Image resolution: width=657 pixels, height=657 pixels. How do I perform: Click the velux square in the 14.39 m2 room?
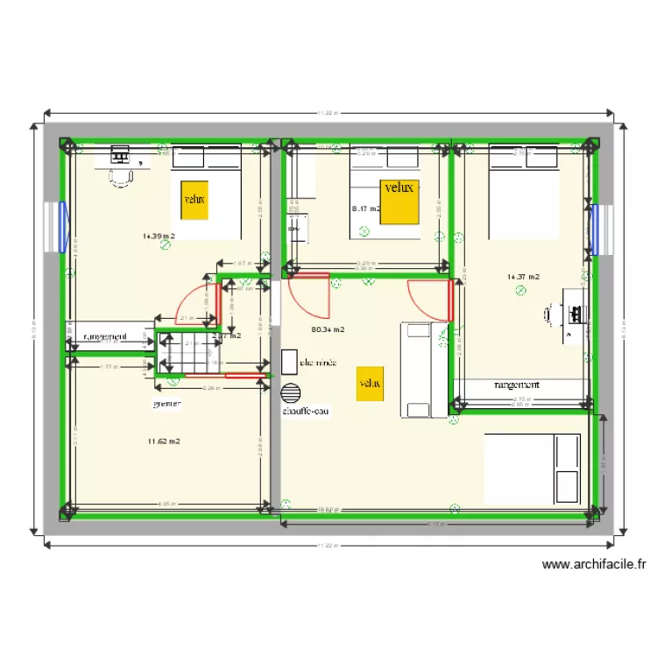tap(194, 199)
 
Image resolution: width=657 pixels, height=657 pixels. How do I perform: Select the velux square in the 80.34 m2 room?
tap(370, 384)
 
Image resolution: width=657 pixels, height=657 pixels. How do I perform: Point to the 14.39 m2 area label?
tap(159, 237)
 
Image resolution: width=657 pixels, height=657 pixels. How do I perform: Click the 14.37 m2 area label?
tap(522, 277)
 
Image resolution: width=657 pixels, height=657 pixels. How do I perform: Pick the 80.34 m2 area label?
tap(328, 330)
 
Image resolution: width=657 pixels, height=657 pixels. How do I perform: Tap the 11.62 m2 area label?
tap(164, 442)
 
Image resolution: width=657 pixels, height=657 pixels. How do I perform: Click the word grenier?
tap(166, 404)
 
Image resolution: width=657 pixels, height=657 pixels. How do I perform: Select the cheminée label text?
tap(318, 361)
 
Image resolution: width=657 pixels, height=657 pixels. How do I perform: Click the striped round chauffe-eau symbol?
tap(291, 392)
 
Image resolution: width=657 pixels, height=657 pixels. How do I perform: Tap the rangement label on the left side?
tap(106, 336)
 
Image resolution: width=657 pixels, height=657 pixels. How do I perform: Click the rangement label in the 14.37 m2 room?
tap(517, 385)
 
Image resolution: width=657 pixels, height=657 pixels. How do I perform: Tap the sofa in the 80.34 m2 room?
tap(417, 370)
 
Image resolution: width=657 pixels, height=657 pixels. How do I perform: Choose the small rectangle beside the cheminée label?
tap(289, 361)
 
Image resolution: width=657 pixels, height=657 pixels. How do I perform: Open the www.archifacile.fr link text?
tap(594, 565)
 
